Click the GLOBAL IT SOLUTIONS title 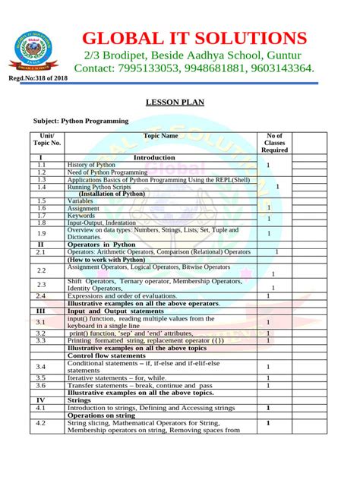[194, 38]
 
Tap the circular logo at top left [33, 49]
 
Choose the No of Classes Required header [274, 142]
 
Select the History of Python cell [91, 165]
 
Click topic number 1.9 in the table [41, 234]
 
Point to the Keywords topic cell [81, 216]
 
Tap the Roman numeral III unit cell [41, 311]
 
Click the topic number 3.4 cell [41, 367]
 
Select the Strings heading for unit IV [79, 399]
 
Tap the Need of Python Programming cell [107, 172]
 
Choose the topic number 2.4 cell [41, 295]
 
